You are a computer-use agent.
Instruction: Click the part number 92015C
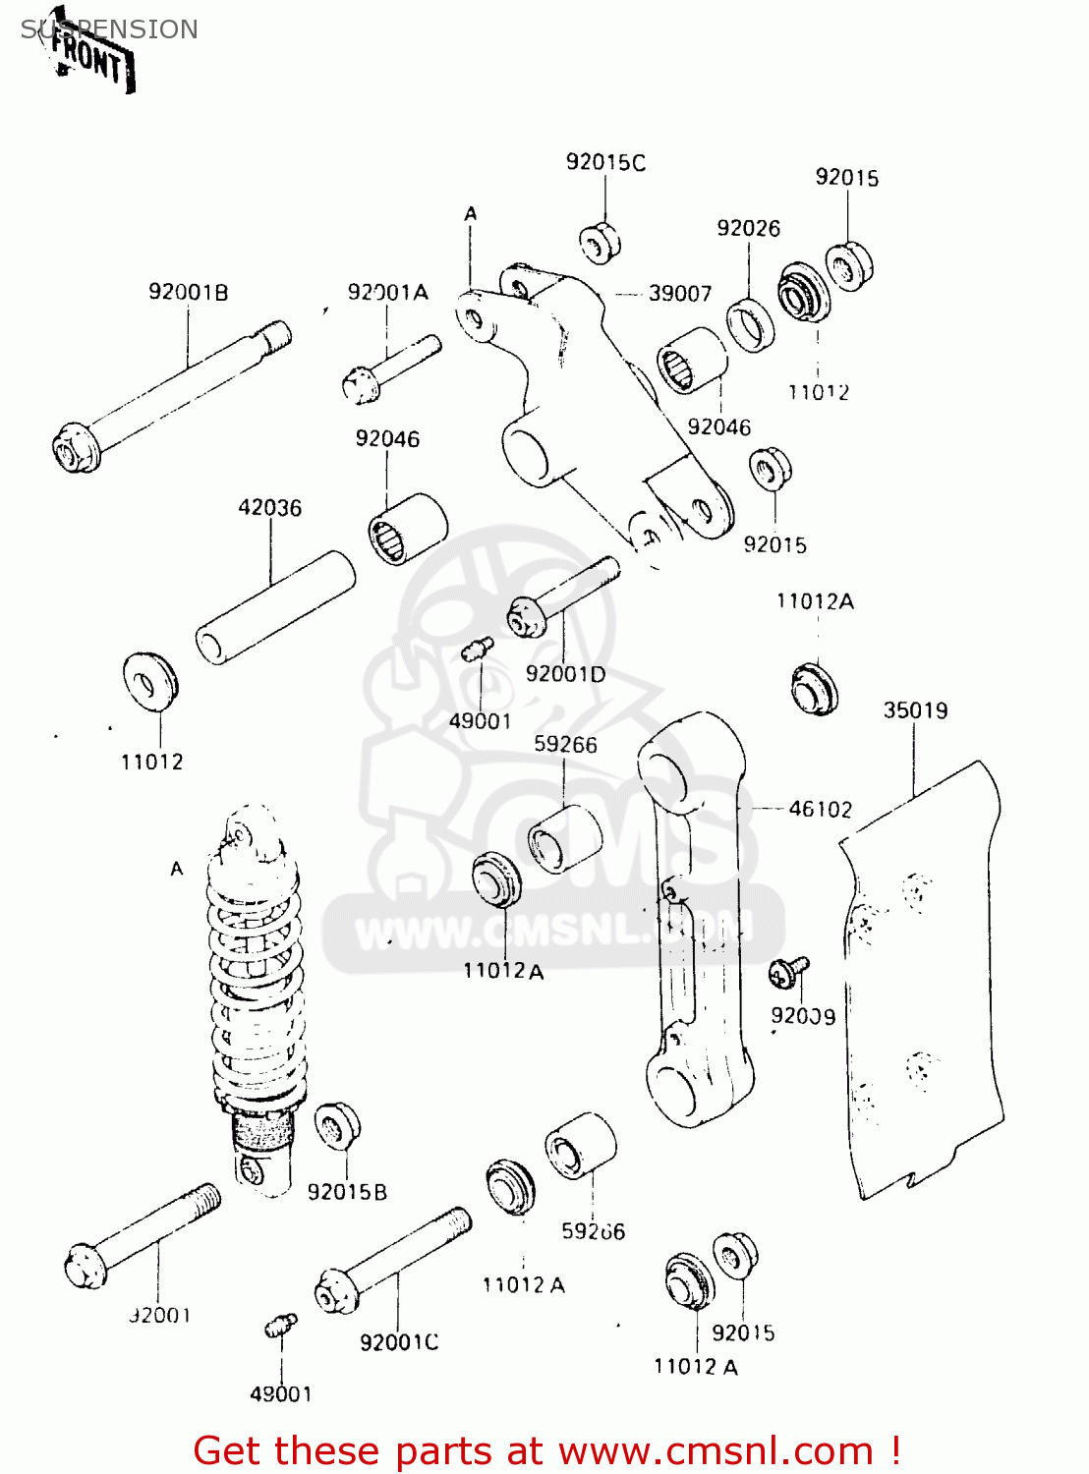[605, 162]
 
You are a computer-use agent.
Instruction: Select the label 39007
[679, 293]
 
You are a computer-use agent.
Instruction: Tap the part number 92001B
[188, 292]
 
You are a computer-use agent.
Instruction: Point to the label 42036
[269, 508]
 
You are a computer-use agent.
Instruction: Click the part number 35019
[915, 709]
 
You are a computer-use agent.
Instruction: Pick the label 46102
[821, 809]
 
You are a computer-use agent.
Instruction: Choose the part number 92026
[748, 228]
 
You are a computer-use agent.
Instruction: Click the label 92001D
[565, 674]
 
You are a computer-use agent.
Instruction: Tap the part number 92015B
[347, 1192]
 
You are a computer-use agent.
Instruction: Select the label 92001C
[399, 1342]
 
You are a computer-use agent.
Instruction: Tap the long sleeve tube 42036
[275, 608]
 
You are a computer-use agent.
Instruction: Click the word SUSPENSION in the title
[109, 29]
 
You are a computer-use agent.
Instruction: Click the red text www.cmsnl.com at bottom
[716, 1450]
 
